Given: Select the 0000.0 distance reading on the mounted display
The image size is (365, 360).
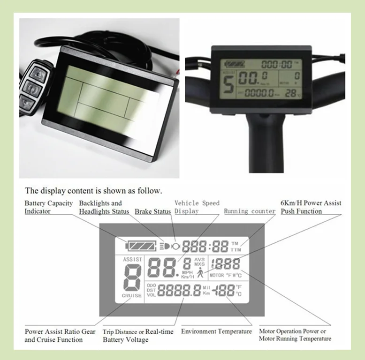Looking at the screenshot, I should [x=261, y=93].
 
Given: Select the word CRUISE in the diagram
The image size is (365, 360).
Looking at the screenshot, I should [x=132, y=296].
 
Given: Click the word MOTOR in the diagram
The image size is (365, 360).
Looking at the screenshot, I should [x=217, y=275].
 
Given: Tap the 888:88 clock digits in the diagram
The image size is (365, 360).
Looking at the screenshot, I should [x=205, y=246].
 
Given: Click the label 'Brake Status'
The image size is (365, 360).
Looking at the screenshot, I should [x=153, y=211].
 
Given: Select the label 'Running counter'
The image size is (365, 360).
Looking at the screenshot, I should [x=250, y=211].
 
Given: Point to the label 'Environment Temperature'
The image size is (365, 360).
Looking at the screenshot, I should [x=216, y=331].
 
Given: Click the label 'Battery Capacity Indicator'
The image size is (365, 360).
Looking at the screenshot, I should [x=49, y=207].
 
